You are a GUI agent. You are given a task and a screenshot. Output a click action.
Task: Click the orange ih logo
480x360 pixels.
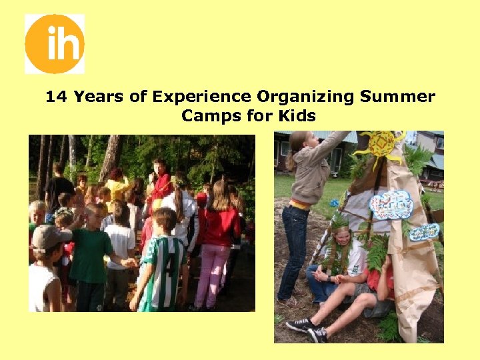[55, 44]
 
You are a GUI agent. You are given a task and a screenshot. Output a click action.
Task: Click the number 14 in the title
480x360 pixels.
[57, 97]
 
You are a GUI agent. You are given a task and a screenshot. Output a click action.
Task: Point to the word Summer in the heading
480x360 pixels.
[397, 97]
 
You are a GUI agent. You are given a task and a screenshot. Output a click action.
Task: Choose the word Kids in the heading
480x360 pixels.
[297, 116]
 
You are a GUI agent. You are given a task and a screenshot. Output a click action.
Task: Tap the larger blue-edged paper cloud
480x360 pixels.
[391, 204]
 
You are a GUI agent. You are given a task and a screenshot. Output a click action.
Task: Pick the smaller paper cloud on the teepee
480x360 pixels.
[423, 231]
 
